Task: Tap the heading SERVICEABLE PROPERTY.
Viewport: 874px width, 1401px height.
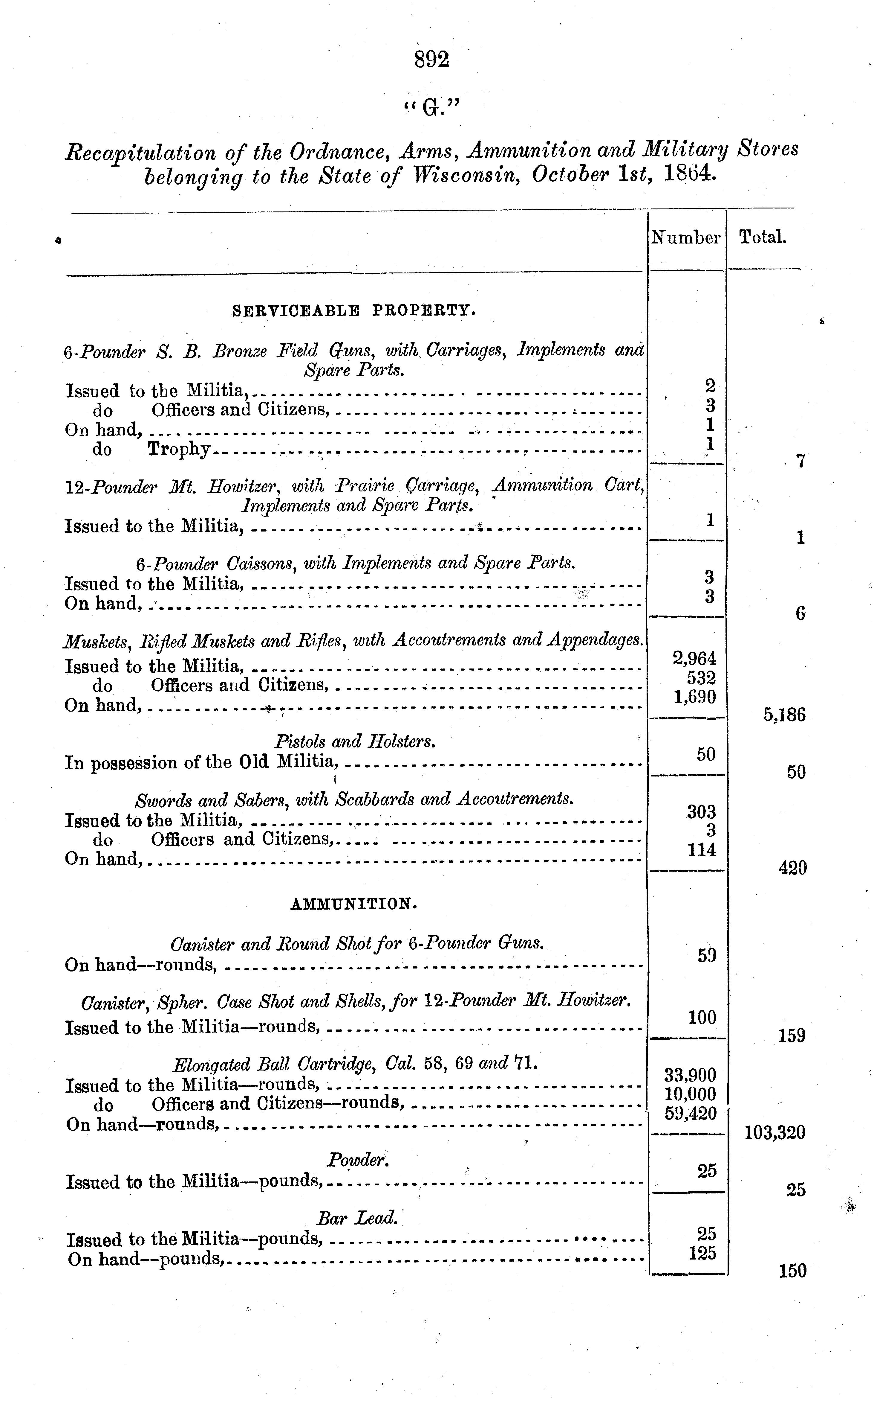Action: click(354, 311)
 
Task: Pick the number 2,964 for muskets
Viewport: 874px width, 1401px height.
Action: click(694, 658)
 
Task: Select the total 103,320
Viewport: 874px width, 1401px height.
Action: click(774, 1132)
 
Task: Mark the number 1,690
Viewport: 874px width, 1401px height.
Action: click(694, 696)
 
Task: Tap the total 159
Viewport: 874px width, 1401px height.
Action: click(791, 1035)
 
